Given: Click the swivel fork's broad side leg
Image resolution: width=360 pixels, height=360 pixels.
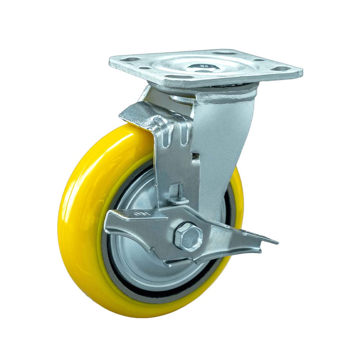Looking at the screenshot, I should pos(223,144).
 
